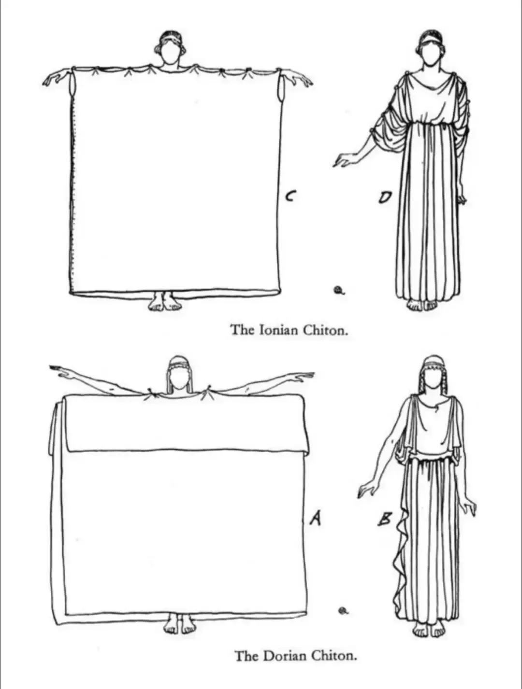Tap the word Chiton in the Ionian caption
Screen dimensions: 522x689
pos(325,330)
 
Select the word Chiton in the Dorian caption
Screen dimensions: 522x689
pos(334,656)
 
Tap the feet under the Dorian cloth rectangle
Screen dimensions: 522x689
pos(179,625)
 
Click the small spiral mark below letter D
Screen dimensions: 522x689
pos(339,290)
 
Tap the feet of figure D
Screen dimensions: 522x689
pos(421,305)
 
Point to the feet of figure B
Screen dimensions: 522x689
pos(429,629)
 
